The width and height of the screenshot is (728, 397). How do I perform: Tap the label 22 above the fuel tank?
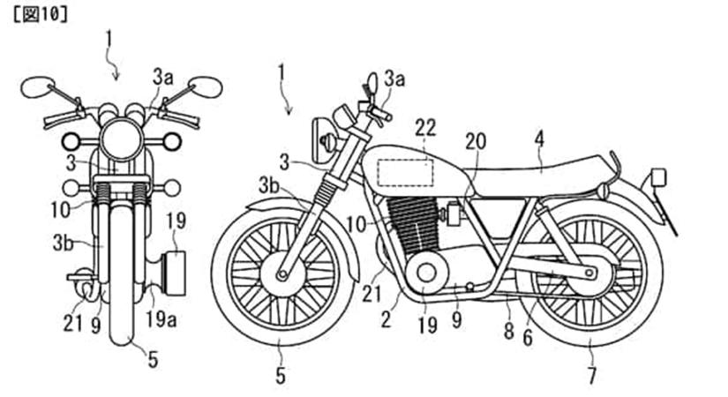point(425,129)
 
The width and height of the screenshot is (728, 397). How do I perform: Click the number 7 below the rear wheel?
point(590,375)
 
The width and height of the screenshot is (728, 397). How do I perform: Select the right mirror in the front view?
point(206,86)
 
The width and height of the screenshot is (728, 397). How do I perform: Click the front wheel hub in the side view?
point(283,274)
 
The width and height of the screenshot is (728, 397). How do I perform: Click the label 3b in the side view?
point(270,184)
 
